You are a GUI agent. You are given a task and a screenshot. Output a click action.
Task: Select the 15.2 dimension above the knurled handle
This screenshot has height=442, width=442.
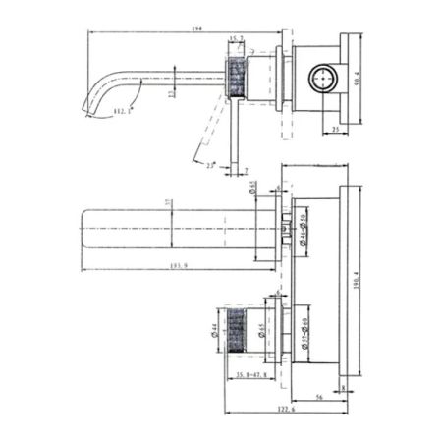235,40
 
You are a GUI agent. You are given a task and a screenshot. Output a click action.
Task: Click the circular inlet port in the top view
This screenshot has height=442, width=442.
322,76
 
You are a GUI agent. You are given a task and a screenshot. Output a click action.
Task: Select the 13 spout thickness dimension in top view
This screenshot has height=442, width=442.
173,95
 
